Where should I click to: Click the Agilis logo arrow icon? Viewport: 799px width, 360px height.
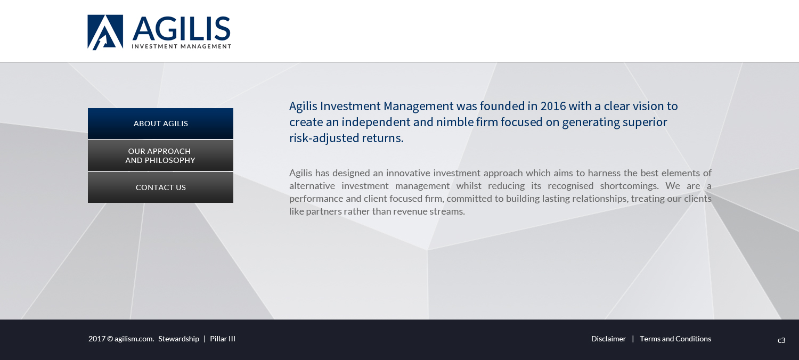point(105,32)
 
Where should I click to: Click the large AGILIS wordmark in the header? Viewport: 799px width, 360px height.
point(182,28)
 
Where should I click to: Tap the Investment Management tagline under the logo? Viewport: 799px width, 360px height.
point(182,46)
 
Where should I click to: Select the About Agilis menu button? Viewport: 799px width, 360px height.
point(160,124)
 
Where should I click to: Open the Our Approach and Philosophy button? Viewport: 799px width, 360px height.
point(160,156)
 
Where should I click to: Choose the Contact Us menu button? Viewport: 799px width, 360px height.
point(160,187)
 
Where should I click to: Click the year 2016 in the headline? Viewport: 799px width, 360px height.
point(553,106)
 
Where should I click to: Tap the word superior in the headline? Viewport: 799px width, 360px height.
point(645,122)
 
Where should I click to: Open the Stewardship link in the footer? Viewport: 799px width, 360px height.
point(178,339)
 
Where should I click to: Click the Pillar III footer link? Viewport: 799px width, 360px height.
point(223,339)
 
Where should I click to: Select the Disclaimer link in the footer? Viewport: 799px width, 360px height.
point(608,339)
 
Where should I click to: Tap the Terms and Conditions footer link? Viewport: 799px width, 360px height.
point(675,339)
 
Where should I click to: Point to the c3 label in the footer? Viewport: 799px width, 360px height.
point(781,340)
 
